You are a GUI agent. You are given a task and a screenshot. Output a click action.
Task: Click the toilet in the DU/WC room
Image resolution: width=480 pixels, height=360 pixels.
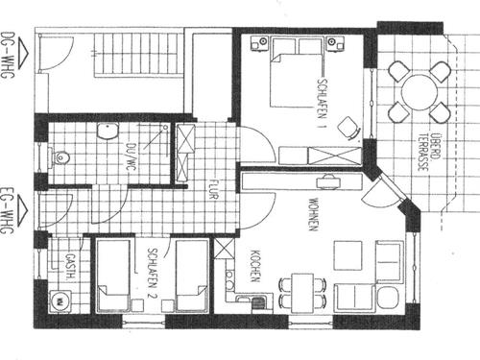60,156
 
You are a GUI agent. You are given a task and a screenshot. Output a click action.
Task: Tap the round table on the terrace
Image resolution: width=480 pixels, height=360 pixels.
420,92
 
